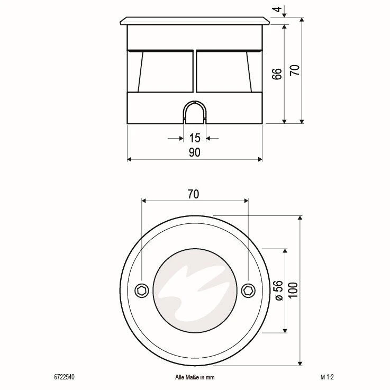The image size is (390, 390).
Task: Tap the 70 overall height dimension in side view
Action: coord(295,70)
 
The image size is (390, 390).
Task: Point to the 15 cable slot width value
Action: coord(194,138)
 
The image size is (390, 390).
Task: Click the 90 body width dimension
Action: coord(194,153)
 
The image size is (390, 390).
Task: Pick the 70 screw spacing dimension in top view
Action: coord(193,194)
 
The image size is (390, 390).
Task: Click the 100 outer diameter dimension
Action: coord(293,290)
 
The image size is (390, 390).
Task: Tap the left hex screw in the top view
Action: coord(141,290)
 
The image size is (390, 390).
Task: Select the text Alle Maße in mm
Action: coord(194,377)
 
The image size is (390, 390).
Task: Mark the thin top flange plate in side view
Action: coord(194,21)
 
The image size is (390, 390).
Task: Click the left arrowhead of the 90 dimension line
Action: coord(130,159)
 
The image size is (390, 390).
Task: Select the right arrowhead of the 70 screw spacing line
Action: coord(246,201)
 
